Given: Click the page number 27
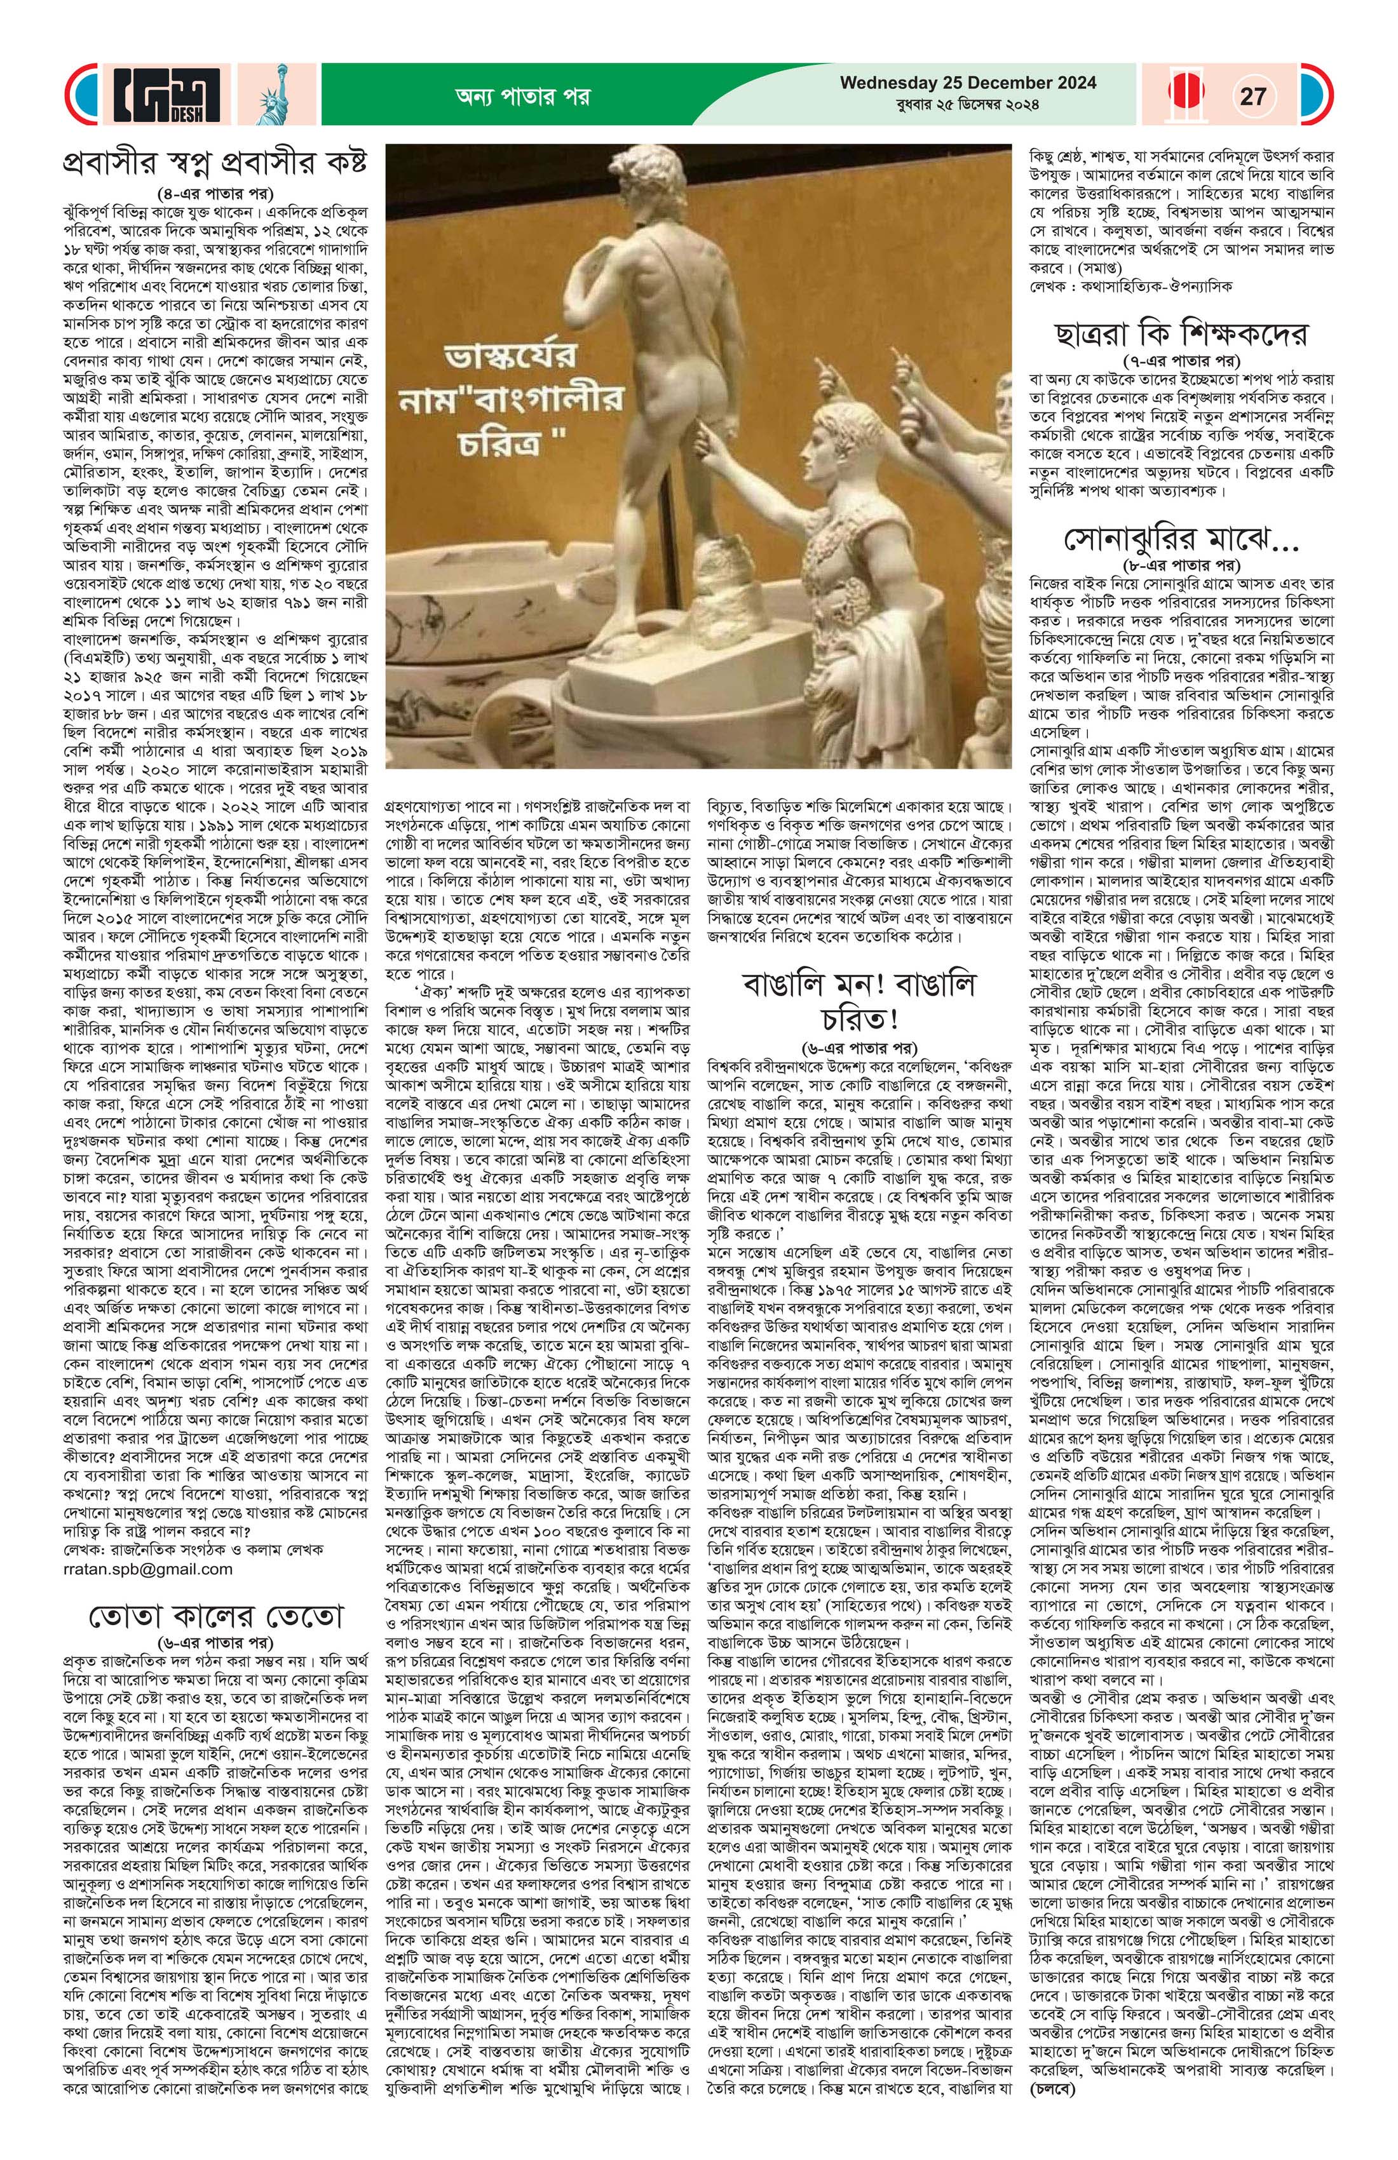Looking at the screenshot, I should point(1252,95).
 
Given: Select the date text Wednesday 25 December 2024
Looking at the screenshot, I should point(968,83).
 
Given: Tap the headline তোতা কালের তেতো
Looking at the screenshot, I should point(215,1617).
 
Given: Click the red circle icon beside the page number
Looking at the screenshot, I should point(1188,95).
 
